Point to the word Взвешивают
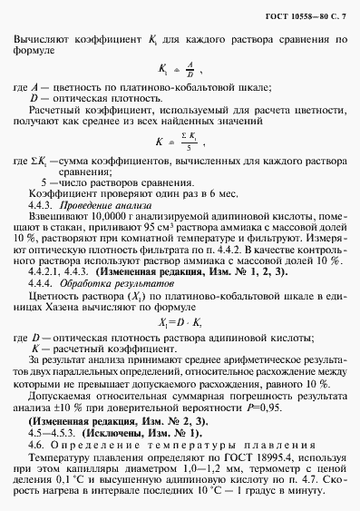tap(55, 220)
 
